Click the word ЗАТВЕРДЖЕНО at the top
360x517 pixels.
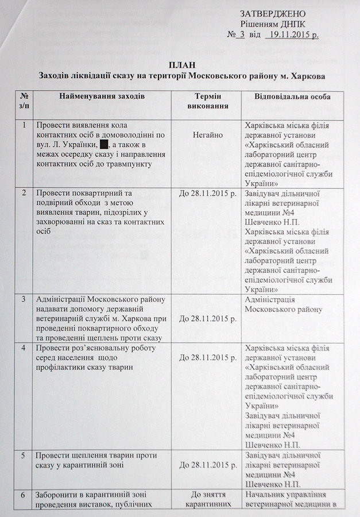coord(273,13)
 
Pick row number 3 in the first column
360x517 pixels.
coord(24,299)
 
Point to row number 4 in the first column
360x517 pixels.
coord(24,348)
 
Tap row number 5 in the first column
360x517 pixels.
coord(24,455)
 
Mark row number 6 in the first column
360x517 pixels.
coord(24,495)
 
